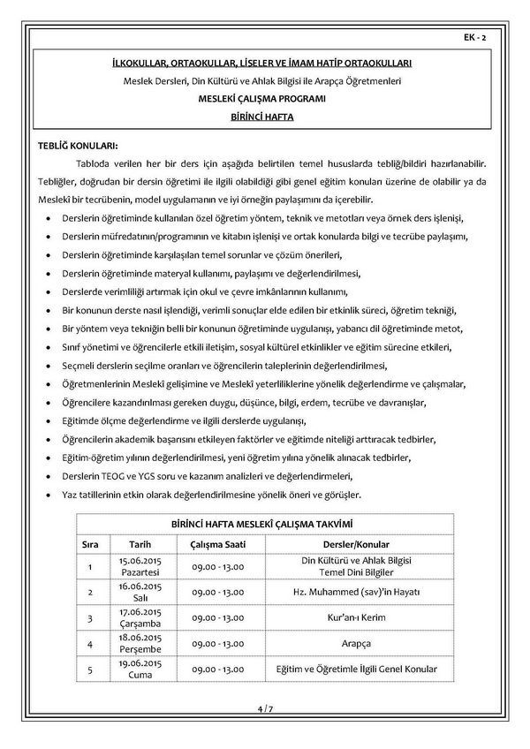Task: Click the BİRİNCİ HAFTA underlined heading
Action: [x=264, y=116]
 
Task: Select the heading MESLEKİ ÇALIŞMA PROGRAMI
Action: [x=264, y=99]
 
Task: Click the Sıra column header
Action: [x=90, y=544]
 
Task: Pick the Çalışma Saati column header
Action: [x=217, y=544]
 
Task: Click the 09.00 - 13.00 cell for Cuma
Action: [x=217, y=669]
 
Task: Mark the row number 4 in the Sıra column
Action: [x=90, y=643]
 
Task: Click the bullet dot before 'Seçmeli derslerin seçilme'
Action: [x=47, y=367]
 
